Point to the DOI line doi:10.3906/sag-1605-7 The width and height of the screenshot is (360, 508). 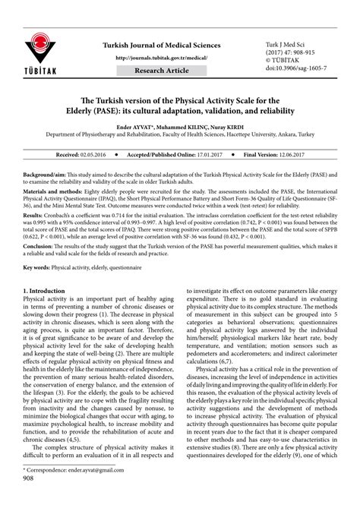point(297,68)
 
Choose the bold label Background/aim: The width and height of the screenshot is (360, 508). point(45,174)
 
